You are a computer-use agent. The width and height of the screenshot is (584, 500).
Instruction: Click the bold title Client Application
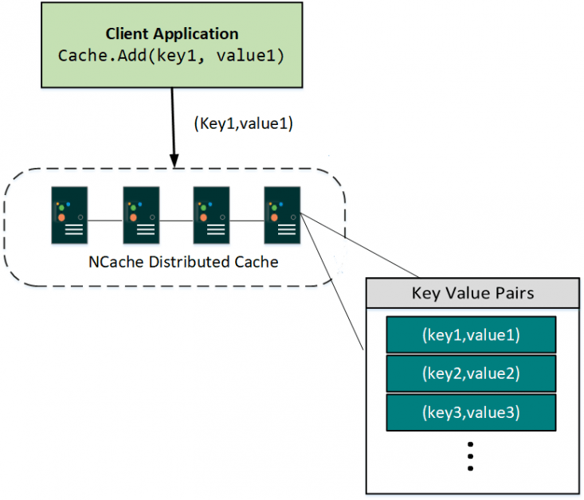pyautogui.click(x=172, y=34)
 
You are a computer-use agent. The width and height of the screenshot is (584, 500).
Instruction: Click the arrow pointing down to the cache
pyautogui.click(x=172, y=127)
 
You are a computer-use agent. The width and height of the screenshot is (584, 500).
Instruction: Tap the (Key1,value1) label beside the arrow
pyautogui.click(x=244, y=124)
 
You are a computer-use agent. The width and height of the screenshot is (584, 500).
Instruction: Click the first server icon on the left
pyautogui.click(x=70, y=216)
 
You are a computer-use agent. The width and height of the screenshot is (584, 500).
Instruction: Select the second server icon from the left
pyautogui.click(x=141, y=216)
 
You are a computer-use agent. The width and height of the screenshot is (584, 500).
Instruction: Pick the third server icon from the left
pyautogui.click(x=212, y=216)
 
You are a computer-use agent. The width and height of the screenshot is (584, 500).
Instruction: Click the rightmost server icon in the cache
pyautogui.click(x=282, y=216)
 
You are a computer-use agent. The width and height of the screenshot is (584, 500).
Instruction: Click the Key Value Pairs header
pyautogui.click(x=472, y=293)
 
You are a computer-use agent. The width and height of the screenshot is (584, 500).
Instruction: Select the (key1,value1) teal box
pyautogui.click(x=471, y=335)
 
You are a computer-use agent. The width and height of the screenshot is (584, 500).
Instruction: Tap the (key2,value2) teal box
pyautogui.click(x=471, y=373)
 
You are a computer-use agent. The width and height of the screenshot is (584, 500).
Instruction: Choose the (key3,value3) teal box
pyautogui.click(x=471, y=412)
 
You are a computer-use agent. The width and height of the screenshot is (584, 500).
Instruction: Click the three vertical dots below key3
pyautogui.click(x=471, y=456)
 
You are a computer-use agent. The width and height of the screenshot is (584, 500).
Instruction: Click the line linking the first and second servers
pyautogui.click(x=105, y=220)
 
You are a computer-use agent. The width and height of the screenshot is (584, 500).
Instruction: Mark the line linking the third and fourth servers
pyautogui.click(x=247, y=220)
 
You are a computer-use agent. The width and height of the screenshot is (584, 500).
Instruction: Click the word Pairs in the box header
pyautogui.click(x=514, y=293)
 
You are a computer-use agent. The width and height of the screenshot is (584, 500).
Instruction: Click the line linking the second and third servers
pyautogui.click(x=176, y=220)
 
